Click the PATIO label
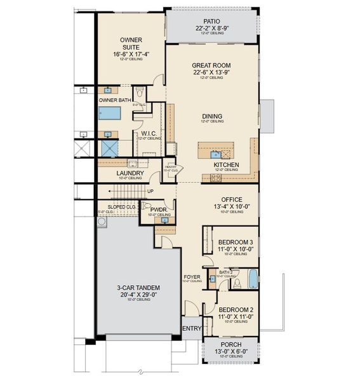[x=212, y=20]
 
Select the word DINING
[x=212, y=116]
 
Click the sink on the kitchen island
[x=215, y=154]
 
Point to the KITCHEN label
[x=226, y=164]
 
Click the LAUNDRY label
[x=130, y=173]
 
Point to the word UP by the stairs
[x=150, y=191]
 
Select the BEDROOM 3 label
[x=236, y=242]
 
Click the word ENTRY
[x=191, y=328]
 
